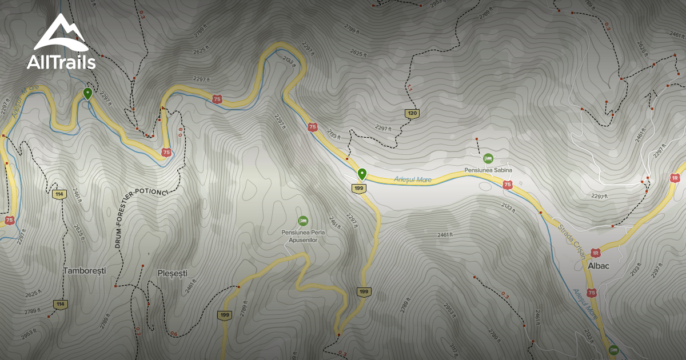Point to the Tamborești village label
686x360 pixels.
(85, 270)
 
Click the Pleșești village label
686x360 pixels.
(172, 273)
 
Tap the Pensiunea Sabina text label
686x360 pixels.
(488, 170)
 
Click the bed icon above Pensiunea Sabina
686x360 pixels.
(488, 158)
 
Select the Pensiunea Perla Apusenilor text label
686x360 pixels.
(302, 236)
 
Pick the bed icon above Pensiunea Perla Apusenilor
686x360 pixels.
(302, 221)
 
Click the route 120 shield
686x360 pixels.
(412, 114)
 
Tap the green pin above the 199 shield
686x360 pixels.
(361, 174)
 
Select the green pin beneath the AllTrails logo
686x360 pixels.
(87, 93)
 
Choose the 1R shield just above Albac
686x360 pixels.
(595, 253)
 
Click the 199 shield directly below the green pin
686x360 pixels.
(359, 189)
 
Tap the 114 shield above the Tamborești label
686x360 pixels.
(59, 194)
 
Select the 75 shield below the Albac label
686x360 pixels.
(592, 293)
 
